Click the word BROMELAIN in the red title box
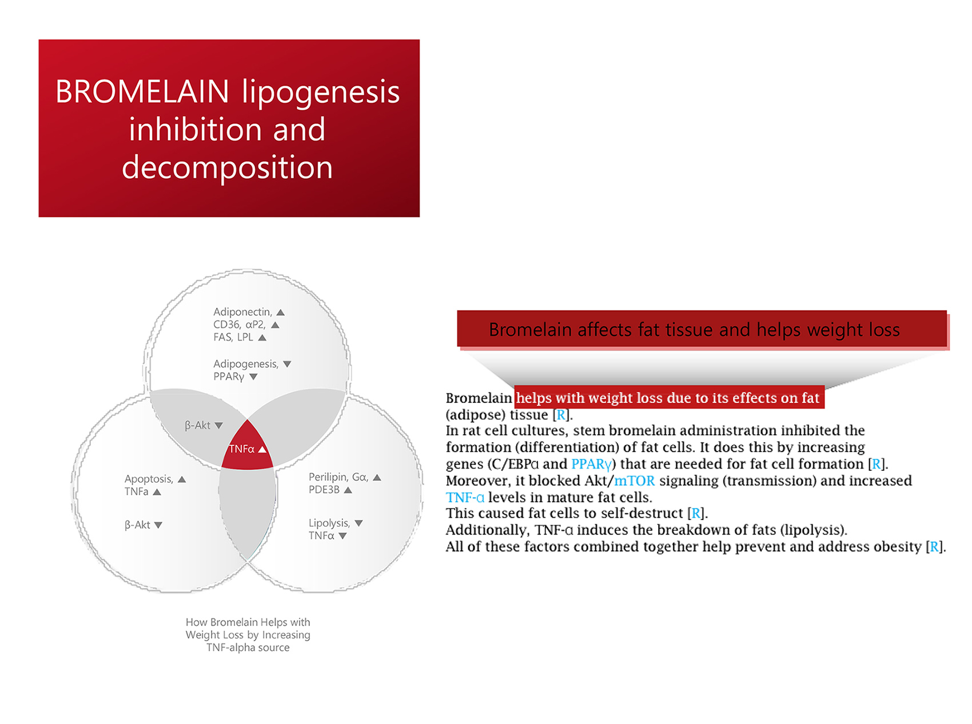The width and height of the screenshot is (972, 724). pos(142,91)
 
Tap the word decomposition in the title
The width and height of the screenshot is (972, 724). pos(227,167)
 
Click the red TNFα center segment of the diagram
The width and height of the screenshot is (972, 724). pos(247,447)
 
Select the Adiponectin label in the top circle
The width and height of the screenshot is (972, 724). pos(242,312)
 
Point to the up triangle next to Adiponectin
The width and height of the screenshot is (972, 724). pos(281,313)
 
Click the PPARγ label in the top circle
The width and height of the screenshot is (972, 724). pos(229,377)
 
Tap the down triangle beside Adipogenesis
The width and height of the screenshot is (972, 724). pos(287,364)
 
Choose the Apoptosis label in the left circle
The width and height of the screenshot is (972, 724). pos(149,479)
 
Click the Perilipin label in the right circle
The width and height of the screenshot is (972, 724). pos(328,477)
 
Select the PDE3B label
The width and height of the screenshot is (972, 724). pos(324,490)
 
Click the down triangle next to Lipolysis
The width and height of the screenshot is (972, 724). pos(358,523)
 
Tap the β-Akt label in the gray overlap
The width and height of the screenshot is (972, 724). pos(197,425)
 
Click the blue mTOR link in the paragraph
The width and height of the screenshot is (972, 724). pos(635,481)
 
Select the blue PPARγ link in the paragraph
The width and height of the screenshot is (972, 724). pos(591,464)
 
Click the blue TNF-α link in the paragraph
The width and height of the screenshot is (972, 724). pos(465,497)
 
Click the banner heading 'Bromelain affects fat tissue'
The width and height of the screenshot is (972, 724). pos(694,330)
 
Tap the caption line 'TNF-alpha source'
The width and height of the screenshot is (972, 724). pos(248,647)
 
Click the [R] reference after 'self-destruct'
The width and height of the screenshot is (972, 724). pos(698,513)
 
